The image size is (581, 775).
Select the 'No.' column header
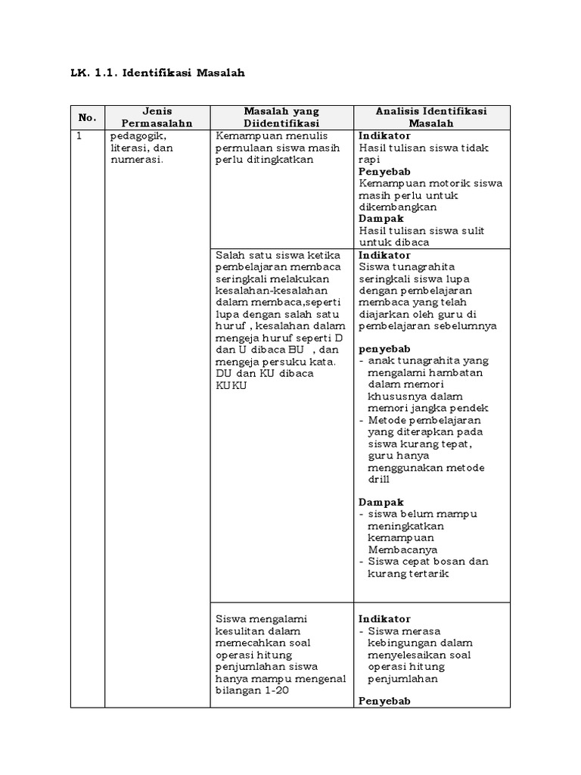click(x=87, y=117)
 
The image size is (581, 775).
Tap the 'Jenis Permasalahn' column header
click(x=157, y=117)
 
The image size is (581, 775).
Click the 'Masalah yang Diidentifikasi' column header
click(x=281, y=117)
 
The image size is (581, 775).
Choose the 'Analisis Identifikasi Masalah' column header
click(x=431, y=117)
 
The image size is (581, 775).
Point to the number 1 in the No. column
click(x=77, y=136)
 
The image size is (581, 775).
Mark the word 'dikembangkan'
click(x=397, y=207)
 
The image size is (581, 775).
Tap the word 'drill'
click(x=379, y=480)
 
